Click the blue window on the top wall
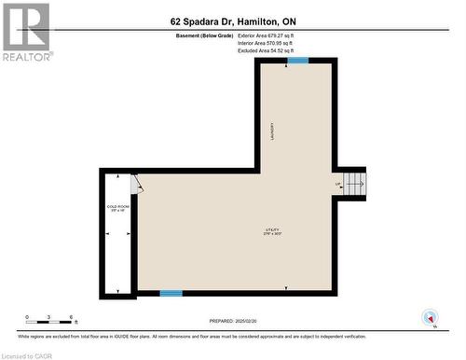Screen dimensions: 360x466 click(297, 61)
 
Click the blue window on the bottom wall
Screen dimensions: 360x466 click(171, 294)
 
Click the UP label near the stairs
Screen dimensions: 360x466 click(338, 184)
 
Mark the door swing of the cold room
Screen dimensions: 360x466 click(138, 183)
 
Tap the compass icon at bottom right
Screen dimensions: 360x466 click(430, 316)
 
